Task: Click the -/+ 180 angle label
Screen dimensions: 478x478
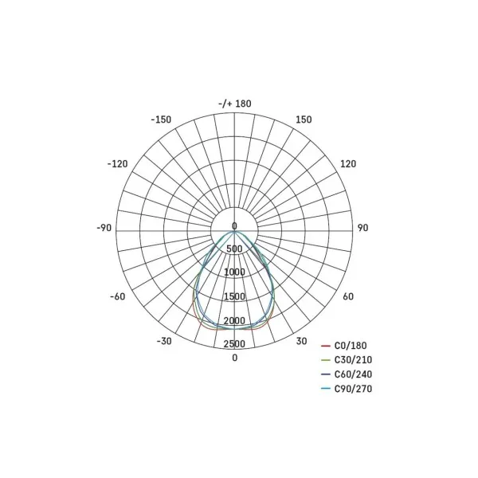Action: (x=235, y=104)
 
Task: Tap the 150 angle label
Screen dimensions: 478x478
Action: (x=304, y=119)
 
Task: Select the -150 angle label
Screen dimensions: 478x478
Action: (x=161, y=119)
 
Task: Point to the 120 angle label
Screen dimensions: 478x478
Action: (x=348, y=164)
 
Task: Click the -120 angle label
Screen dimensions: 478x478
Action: (x=117, y=164)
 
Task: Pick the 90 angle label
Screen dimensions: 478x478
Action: (x=362, y=228)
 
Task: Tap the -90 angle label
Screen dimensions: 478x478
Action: (x=104, y=228)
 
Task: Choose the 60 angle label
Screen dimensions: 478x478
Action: (x=348, y=296)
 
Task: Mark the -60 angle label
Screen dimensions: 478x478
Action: (x=118, y=296)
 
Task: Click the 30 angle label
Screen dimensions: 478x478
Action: (x=301, y=341)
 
